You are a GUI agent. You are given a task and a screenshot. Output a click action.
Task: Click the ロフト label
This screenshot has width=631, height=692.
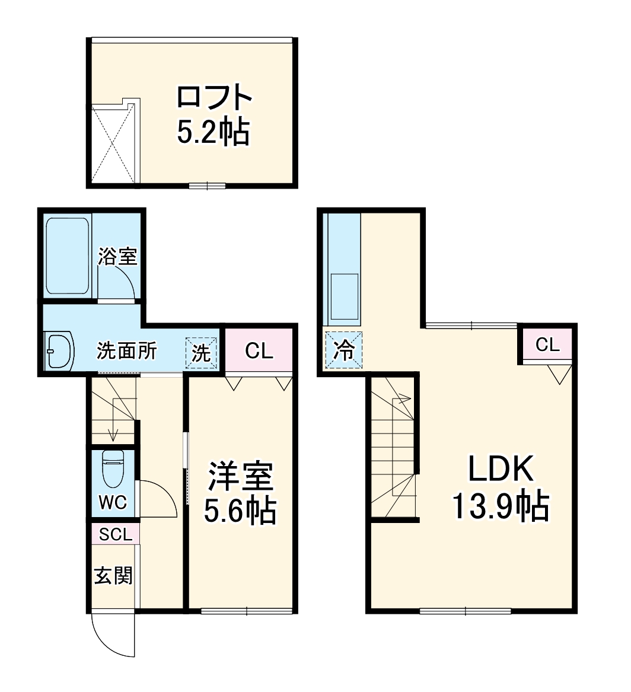214,97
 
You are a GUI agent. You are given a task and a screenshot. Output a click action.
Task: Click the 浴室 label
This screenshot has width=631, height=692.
117,256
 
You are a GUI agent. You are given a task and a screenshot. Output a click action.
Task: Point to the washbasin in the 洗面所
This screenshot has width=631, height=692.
59,351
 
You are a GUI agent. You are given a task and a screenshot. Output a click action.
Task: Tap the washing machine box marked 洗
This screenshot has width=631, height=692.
201,353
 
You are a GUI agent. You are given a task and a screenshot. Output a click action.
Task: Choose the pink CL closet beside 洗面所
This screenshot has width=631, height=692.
259,351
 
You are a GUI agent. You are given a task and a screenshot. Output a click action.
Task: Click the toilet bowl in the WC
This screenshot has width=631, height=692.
113,468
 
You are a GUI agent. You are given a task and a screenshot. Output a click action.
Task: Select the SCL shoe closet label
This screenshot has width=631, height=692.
116,534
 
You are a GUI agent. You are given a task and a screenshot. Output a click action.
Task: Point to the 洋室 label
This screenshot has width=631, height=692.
240,476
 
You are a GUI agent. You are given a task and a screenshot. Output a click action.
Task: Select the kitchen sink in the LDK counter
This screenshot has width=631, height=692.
344,296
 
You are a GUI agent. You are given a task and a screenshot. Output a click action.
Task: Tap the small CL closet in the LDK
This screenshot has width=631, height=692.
547,345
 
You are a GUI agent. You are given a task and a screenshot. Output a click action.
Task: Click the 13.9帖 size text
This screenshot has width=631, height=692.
501,505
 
